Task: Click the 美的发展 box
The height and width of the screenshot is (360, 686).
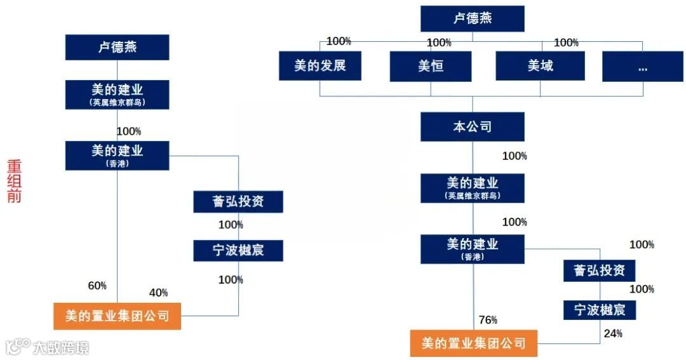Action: pyautogui.click(x=319, y=66)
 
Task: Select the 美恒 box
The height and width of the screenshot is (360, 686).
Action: pyautogui.click(x=431, y=66)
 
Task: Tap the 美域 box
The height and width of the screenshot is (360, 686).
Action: pyautogui.click(x=540, y=66)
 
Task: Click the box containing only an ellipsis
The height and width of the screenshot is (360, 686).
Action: pyautogui.click(x=642, y=66)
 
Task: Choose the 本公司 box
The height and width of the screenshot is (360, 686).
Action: pyautogui.click(x=472, y=127)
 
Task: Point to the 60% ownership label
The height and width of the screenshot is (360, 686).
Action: pyautogui.click(x=97, y=286)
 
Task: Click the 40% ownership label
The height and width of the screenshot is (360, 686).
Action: pyautogui.click(x=158, y=293)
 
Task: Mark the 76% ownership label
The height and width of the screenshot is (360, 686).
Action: pyautogui.click(x=488, y=320)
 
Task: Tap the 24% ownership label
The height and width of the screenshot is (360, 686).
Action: pyautogui.click(x=613, y=333)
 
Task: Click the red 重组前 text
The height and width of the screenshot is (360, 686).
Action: pyautogui.click(x=14, y=181)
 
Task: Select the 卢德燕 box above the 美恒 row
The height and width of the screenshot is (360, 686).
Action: pyautogui.click(x=472, y=18)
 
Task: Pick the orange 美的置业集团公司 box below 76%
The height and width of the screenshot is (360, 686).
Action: pyautogui.click(x=473, y=343)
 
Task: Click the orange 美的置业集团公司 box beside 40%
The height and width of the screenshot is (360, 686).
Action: pyautogui.click(x=117, y=316)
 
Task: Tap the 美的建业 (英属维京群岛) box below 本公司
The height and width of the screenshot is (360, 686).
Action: pyautogui.click(x=472, y=188)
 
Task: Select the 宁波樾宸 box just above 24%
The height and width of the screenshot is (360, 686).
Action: pyautogui.click(x=600, y=310)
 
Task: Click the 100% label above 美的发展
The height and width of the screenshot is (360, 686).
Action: pyautogui.click(x=339, y=41)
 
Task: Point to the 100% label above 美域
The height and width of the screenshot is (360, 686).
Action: pyautogui.click(x=566, y=43)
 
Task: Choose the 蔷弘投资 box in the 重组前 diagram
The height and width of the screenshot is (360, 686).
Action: pyautogui.click(x=238, y=202)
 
